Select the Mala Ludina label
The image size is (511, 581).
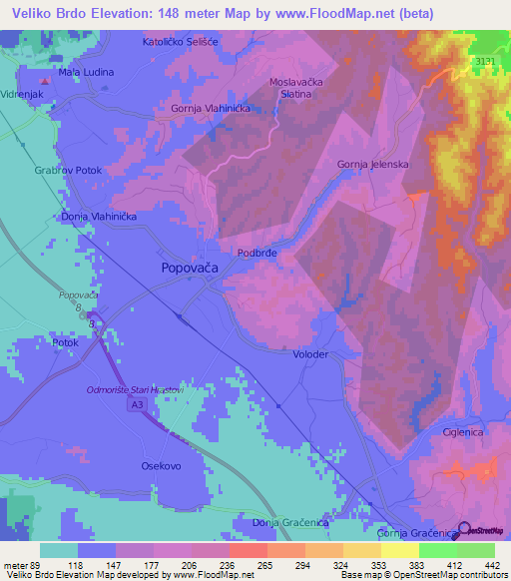(x=86, y=72)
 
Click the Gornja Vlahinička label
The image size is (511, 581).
(x=209, y=110)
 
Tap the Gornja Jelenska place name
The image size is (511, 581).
(x=371, y=163)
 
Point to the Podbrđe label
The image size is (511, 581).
(x=256, y=254)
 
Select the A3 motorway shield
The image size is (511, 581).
(x=136, y=405)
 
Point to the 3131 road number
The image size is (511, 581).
(x=486, y=63)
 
